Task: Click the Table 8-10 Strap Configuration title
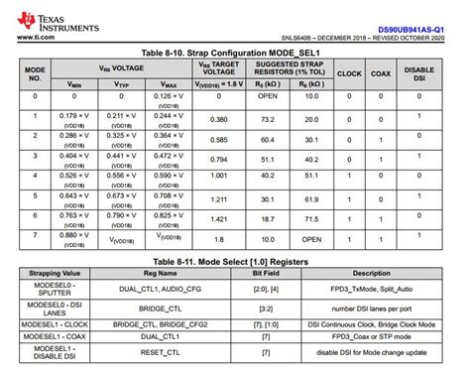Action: tap(234, 52)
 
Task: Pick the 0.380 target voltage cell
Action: tap(218, 117)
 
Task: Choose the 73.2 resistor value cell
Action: tap(268, 117)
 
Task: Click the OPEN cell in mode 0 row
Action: tap(268, 96)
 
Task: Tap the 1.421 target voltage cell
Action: tap(218, 217)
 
